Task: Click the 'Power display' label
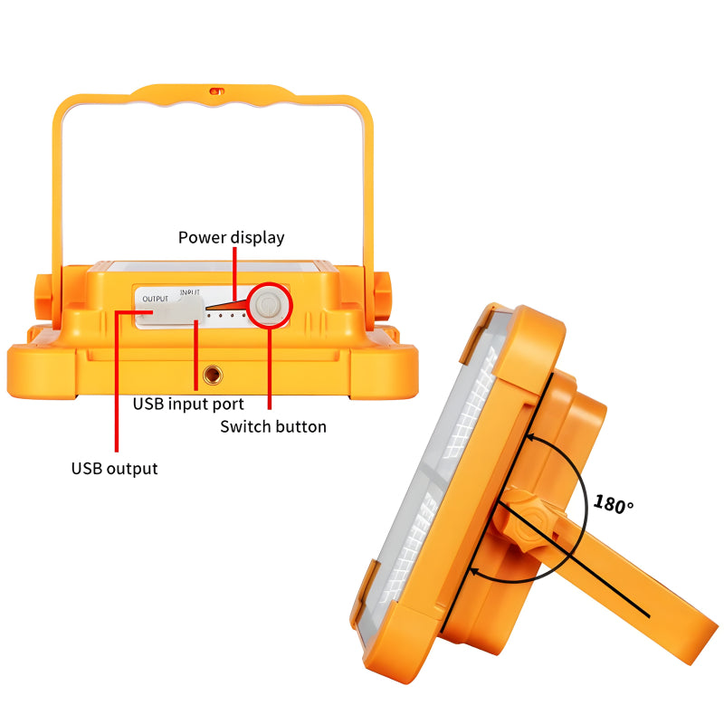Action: click(232, 238)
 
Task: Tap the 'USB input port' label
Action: click(188, 404)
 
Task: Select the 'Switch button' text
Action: click(273, 426)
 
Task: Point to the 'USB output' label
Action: click(115, 469)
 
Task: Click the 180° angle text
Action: click(614, 504)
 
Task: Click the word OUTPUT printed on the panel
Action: click(155, 300)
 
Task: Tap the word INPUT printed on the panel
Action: click(190, 292)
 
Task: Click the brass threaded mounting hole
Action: click(213, 375)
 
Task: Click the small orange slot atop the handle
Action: click(217, 91)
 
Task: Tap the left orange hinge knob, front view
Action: click(43, 296)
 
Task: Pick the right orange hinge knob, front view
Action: click(381, 296)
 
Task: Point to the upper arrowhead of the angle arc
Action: click(531, 436)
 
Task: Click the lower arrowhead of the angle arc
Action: click(473, 573)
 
